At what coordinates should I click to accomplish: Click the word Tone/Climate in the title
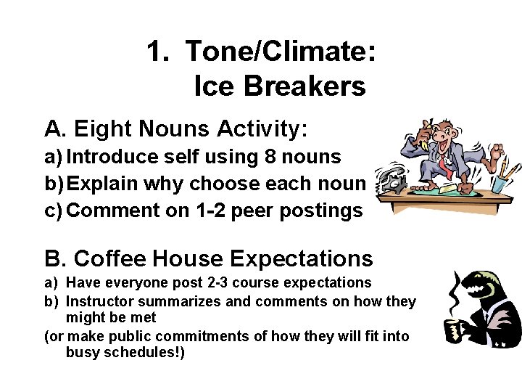pos(280,52)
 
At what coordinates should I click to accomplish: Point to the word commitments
pos(199,336)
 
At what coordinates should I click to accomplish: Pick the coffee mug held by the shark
pos(457,330)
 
